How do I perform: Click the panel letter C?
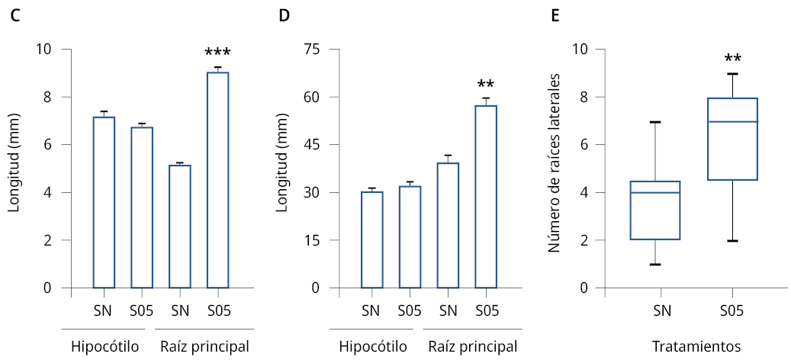pyautogui.click(x=15, y=16)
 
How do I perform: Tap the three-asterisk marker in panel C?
pyautogui.click(x=217, y=53)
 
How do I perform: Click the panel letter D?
pyautogui.click(x=285, y=16)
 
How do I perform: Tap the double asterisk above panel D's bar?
pyautogui.click(x=486, y=85)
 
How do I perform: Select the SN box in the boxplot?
pyautogui.click(x=658, y=211)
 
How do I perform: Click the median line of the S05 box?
pyautogui.click(x=733, y=121)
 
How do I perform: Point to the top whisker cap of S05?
pyautogui.click(x=733, y=74)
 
